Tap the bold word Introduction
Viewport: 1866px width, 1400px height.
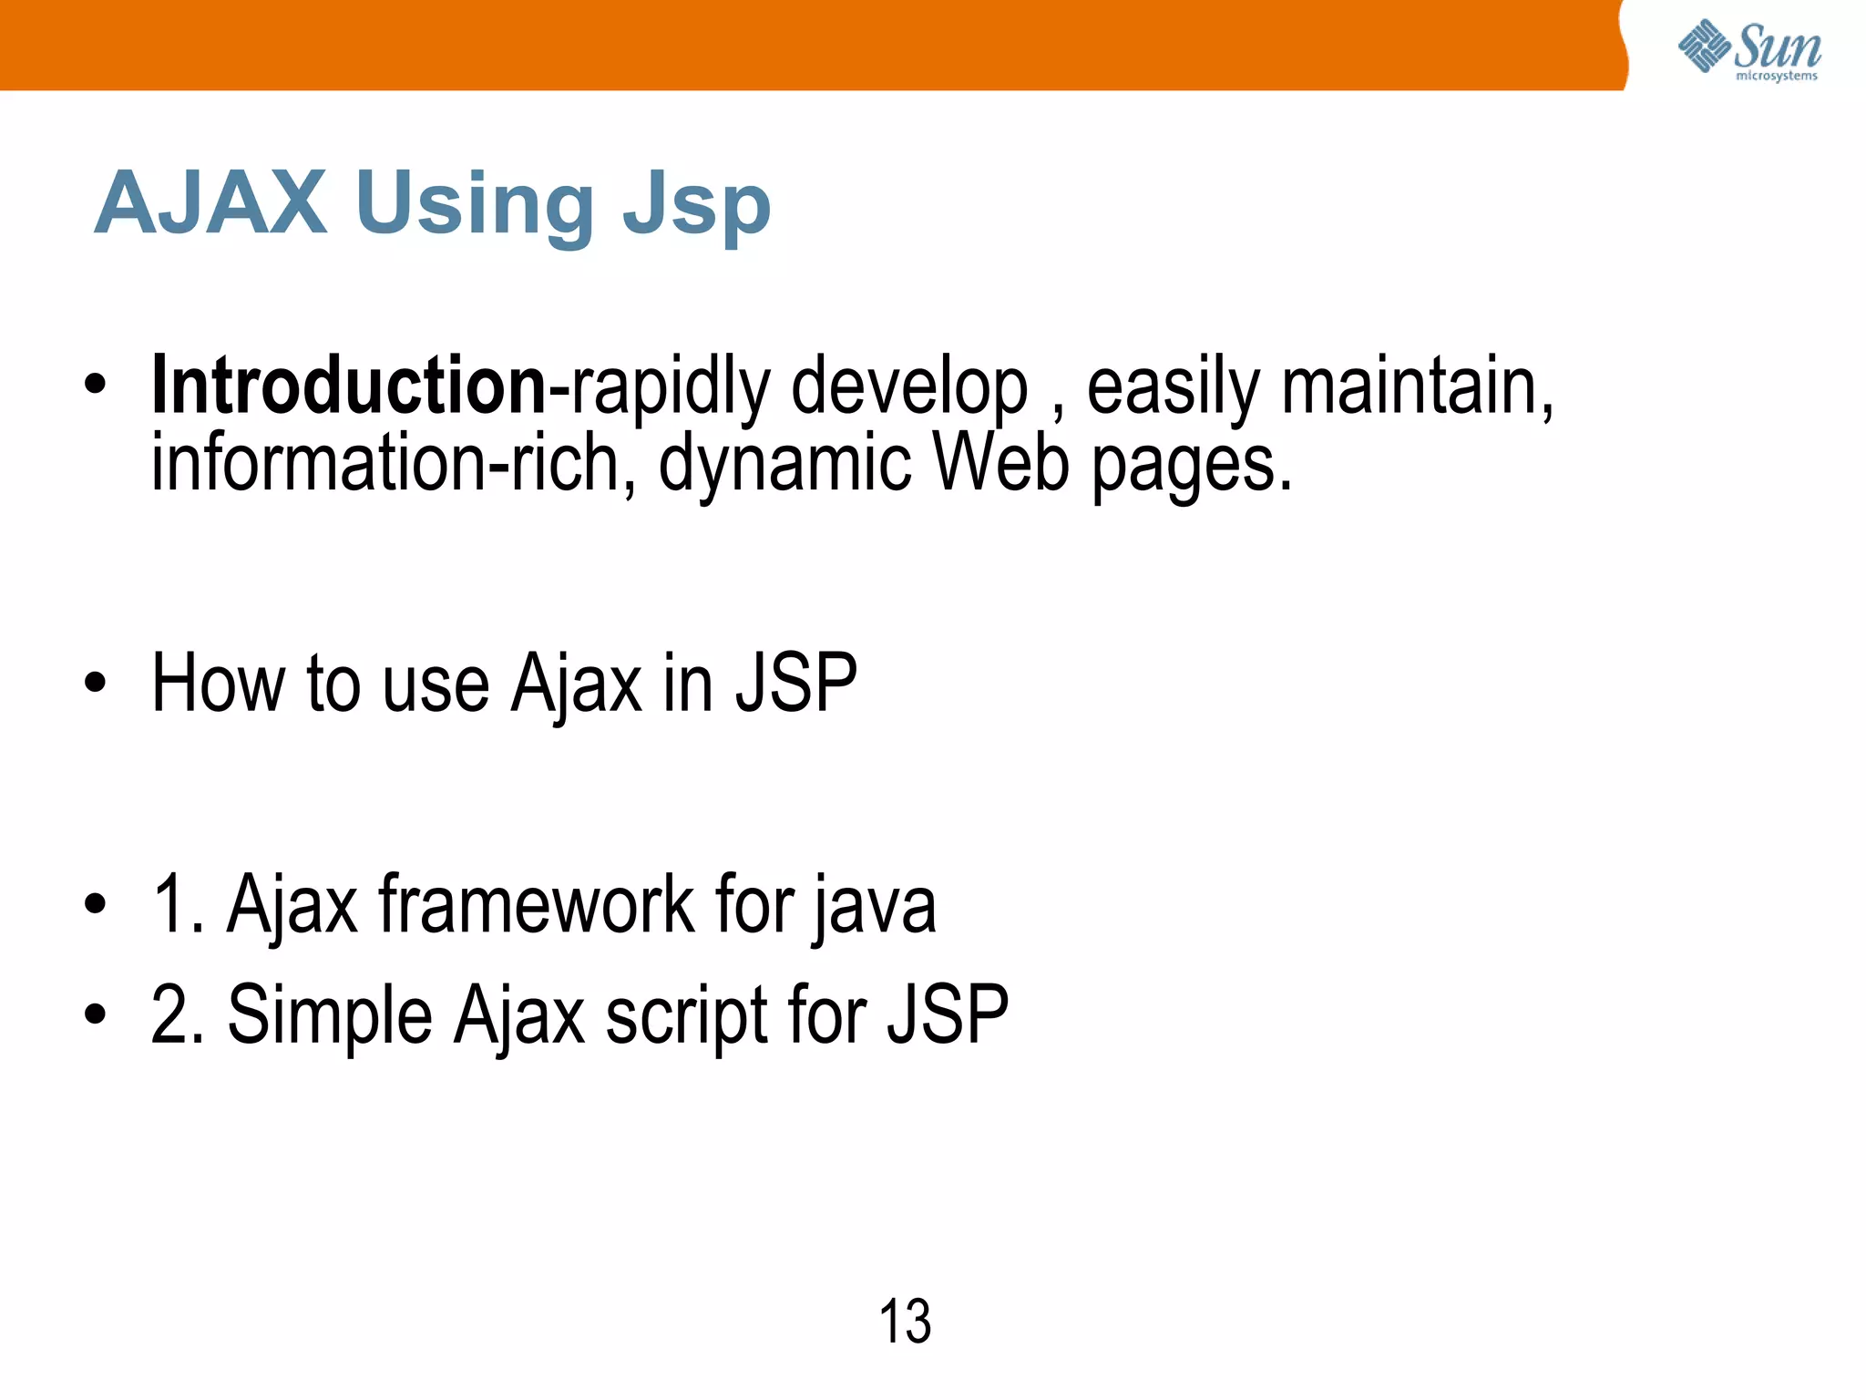click(x=349, y=386)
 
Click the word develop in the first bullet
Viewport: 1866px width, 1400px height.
click(x=908, y=389)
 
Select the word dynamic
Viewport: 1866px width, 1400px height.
click(x=784, y=465)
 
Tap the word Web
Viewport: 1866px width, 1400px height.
click(x=1001, y=463)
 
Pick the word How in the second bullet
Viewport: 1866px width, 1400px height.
click(x=218, y=683)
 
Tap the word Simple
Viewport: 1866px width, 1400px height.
click(x=330, y=1016)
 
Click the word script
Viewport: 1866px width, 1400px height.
click(x=687, y=1016)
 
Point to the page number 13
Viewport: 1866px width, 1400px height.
click(x=905, y=1322)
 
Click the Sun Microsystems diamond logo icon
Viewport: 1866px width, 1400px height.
click(x=1704, y=46)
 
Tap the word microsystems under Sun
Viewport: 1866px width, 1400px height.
click(x=1776, y=77)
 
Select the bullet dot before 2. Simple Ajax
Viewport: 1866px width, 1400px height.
click(x=95, y=1014)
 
